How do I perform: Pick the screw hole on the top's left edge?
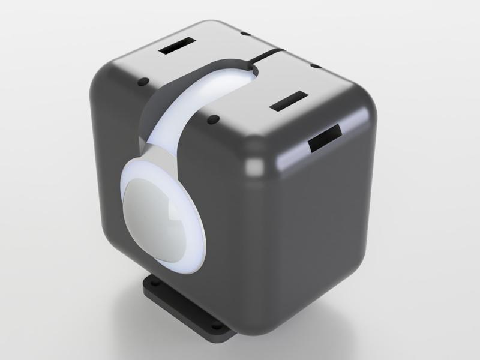coord(143,81)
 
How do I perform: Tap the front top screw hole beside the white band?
coord(211,121)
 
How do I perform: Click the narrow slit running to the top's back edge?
coord(268,55)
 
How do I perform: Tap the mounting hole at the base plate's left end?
coord(152,280)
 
